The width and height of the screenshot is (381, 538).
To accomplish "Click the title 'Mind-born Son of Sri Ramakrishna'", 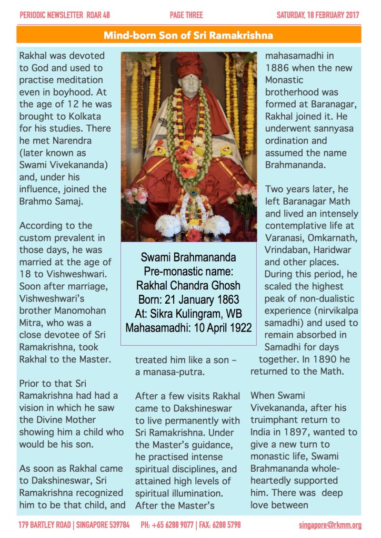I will click(188, 36).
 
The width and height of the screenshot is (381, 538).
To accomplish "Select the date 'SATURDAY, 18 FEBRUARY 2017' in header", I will click(318, 15).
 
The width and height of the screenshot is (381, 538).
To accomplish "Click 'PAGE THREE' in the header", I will click(186, 15).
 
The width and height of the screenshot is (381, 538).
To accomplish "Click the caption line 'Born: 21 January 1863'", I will click(188, 300).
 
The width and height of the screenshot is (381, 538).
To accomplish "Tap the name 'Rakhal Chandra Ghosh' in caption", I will click(188, 286).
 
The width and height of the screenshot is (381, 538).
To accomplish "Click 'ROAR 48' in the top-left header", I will click(96, 15).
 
